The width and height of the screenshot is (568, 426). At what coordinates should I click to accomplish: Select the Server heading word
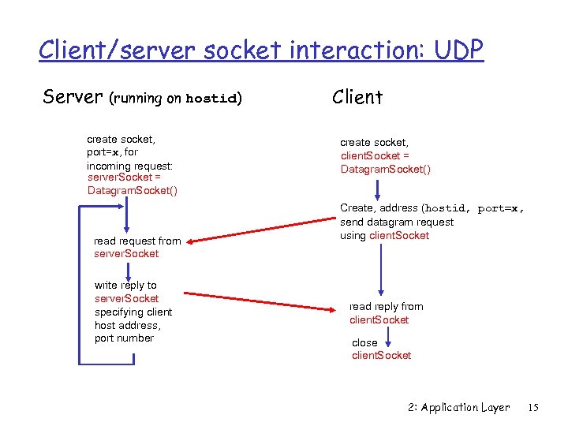pyautogui.click(x=73, y=97)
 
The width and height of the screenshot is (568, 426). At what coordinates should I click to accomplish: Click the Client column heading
pyautogui.click(x=357, y=97)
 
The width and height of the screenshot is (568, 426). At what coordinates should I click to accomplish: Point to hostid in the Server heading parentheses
pyautogui.click(x=211, y=99)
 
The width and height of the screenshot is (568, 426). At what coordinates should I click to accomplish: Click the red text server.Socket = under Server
pyautogui.click(x=124, y=177)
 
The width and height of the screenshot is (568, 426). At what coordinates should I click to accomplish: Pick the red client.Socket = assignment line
pyautogui.click(x=375, y=156)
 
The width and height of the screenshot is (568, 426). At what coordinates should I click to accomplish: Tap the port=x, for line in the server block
pyautogui.click(x=112, y=151)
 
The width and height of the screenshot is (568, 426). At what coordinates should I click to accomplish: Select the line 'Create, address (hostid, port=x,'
pyautogui.click(x=432, y=208)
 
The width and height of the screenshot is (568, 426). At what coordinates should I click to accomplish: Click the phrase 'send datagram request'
pyautogui.click(x=397, y=222)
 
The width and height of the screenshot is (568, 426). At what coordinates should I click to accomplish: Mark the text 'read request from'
pyautogui.click(x=137, y=241)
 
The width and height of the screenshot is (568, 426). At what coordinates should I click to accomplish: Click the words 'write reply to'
pyautogui.click(x=125, y=285)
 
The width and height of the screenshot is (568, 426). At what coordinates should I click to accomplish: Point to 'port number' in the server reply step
pyautogui.click(x=124, y=338)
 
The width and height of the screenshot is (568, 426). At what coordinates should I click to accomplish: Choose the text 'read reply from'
pyautogui.click(x=386, y=306)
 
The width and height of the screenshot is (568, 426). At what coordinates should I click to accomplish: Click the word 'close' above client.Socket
pyautogui.click(x=364, y=342)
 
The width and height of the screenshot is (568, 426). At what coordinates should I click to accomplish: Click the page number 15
pyautogui.click(x=532, y=408)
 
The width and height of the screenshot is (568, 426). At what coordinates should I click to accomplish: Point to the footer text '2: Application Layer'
pyautogui.click(x=458, y=408)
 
